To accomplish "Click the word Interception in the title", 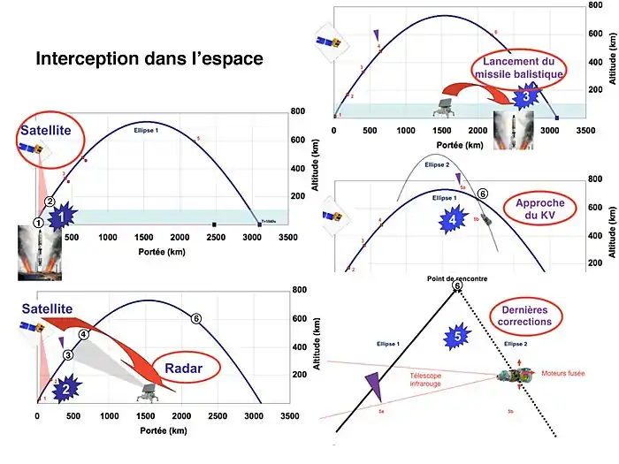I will pos(87,60).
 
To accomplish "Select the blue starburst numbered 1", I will pos(62,215).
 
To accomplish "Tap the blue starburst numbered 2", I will pos(70,384).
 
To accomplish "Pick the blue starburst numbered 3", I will pos(525,95).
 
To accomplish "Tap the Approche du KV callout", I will pos(533,209).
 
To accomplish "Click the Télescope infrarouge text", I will pos(431,380).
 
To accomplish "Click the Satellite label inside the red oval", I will pos(50,138).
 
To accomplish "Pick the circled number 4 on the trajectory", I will pos(83,335).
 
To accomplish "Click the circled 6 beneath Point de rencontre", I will pos(456,285).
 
